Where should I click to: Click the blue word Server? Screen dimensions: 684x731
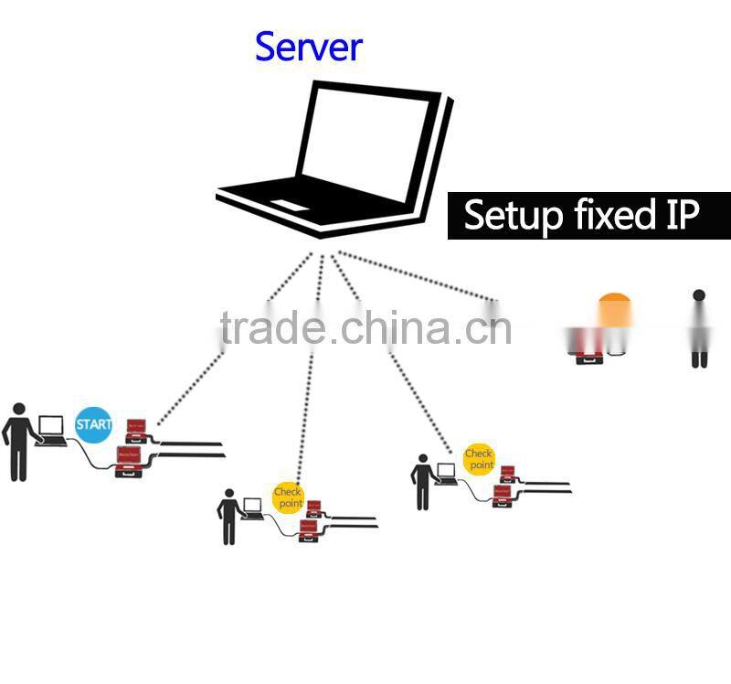click(308, 46)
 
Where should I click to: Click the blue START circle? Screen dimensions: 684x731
click(93, 425)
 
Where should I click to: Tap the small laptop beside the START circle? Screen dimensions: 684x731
click(51, 430)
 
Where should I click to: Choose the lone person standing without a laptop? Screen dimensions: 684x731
click(699, 329)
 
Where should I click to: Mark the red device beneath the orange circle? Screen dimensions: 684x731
click(588, 358)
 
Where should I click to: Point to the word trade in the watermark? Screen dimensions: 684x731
click(270, 328)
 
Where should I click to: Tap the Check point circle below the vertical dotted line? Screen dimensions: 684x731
click(288, 497)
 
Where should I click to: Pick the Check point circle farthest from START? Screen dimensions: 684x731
click(479, 459)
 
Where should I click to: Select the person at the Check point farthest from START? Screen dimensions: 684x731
click(422, 482)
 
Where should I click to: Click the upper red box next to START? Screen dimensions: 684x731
click(136, 426)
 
